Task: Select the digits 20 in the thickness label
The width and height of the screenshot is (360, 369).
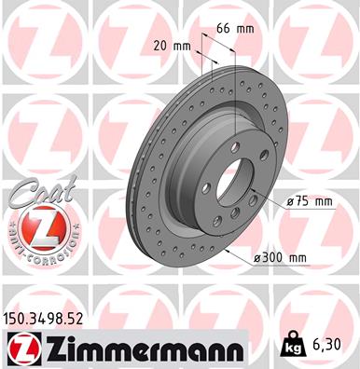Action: pyautogui.click(x=161, y=46)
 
